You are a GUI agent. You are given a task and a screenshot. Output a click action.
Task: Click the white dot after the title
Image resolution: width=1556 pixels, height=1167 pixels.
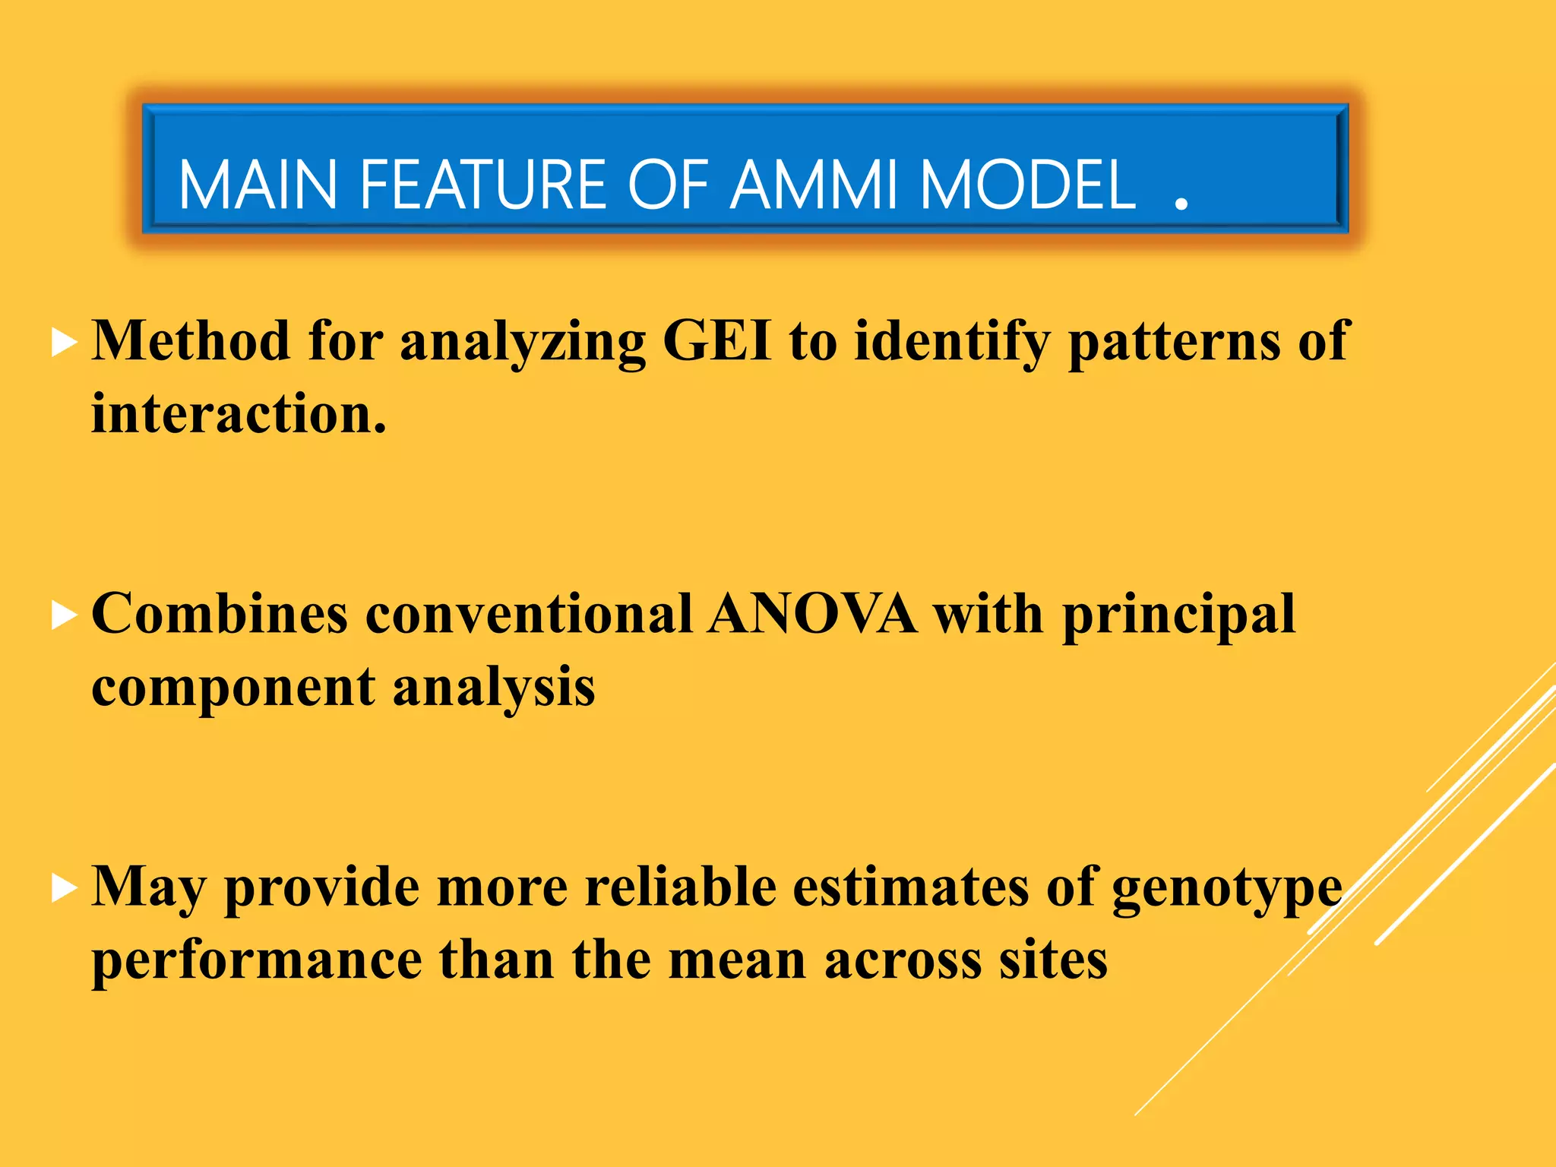click(1181, 204)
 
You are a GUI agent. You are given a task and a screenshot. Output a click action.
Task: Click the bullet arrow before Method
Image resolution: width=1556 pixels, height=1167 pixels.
click(64, 343)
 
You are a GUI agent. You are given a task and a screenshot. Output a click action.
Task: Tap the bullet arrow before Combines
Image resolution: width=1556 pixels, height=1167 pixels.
click(64, 616)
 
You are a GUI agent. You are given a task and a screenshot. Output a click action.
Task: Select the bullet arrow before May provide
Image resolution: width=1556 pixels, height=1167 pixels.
click(64, 888)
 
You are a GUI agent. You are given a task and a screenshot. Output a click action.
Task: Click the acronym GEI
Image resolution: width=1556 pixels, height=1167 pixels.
click(717, 341)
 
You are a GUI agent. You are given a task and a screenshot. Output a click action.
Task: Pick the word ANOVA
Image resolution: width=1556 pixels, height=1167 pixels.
click(811, 614)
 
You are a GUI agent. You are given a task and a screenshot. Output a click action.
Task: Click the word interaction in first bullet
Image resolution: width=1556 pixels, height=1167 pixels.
click(239, 414)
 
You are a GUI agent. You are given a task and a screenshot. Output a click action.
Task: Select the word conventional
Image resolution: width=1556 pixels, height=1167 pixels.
click(529, 614)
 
